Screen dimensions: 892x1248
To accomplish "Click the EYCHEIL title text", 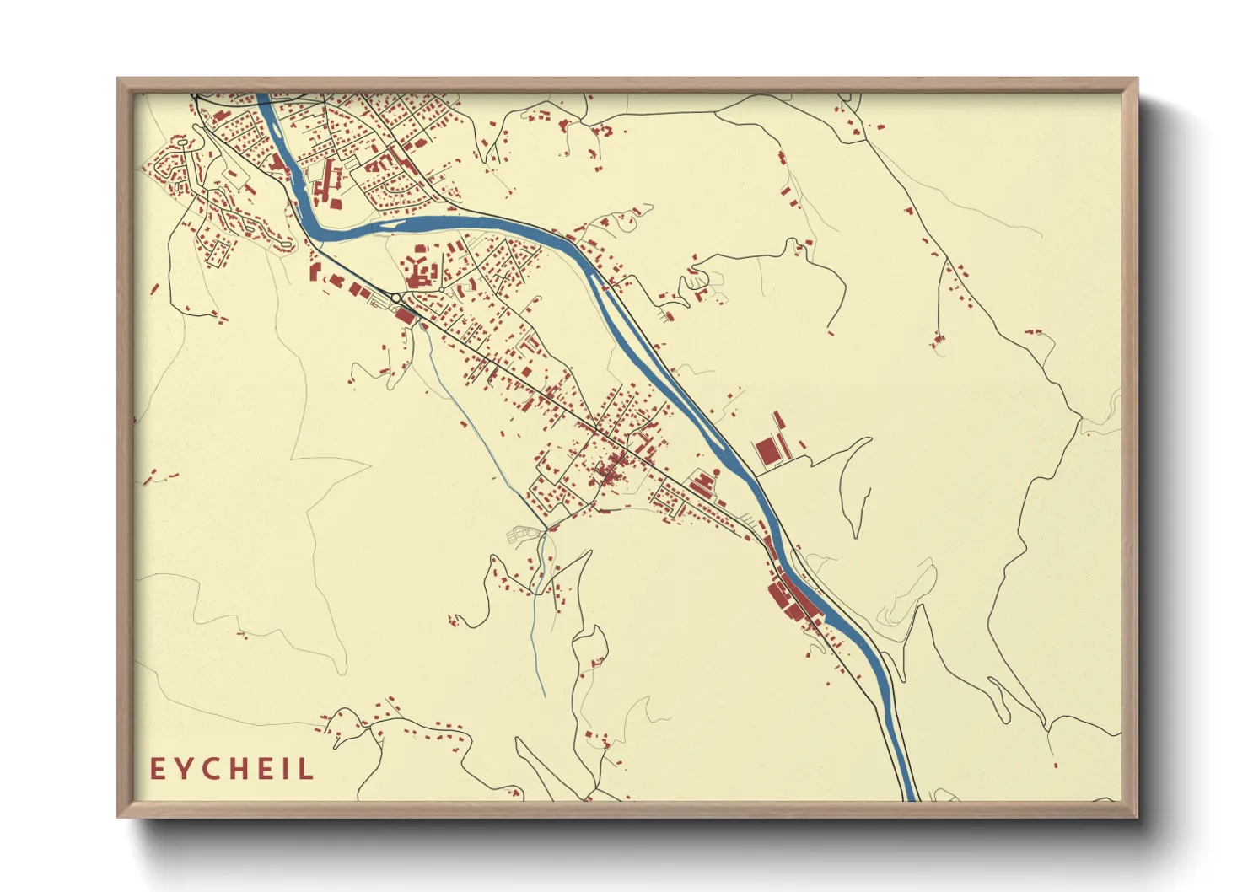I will tap(232, 769).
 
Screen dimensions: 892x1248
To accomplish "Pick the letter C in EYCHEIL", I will tap(212, 769).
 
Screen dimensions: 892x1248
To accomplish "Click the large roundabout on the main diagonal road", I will tap(395, 298).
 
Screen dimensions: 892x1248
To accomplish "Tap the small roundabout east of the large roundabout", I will tap(440, 289).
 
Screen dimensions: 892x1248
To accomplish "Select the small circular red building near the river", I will tap(718, 472).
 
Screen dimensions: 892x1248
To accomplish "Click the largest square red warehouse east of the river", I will tap(767, 451).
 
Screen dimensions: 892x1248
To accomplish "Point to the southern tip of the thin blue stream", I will tap(544, 696).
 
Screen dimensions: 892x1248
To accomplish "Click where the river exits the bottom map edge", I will tap(909, 798).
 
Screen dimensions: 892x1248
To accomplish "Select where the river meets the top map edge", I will tap(262, 96).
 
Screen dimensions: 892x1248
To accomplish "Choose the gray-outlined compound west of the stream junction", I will tap(519, 535).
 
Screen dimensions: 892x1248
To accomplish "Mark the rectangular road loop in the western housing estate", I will tap(220, 252).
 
